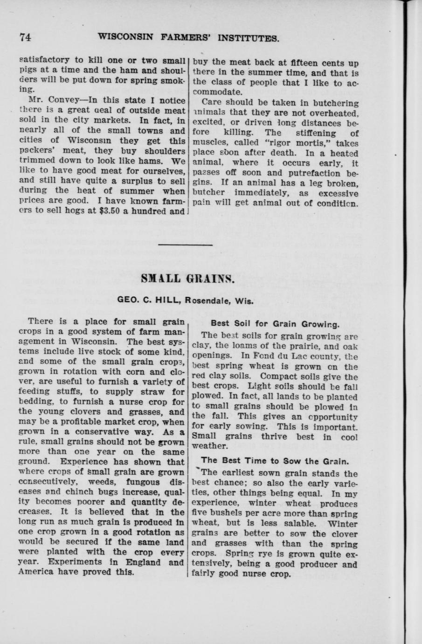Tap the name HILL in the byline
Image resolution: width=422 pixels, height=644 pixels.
168,301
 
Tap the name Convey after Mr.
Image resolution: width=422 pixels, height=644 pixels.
61,100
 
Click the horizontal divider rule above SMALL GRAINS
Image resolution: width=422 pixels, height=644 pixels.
186,244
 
